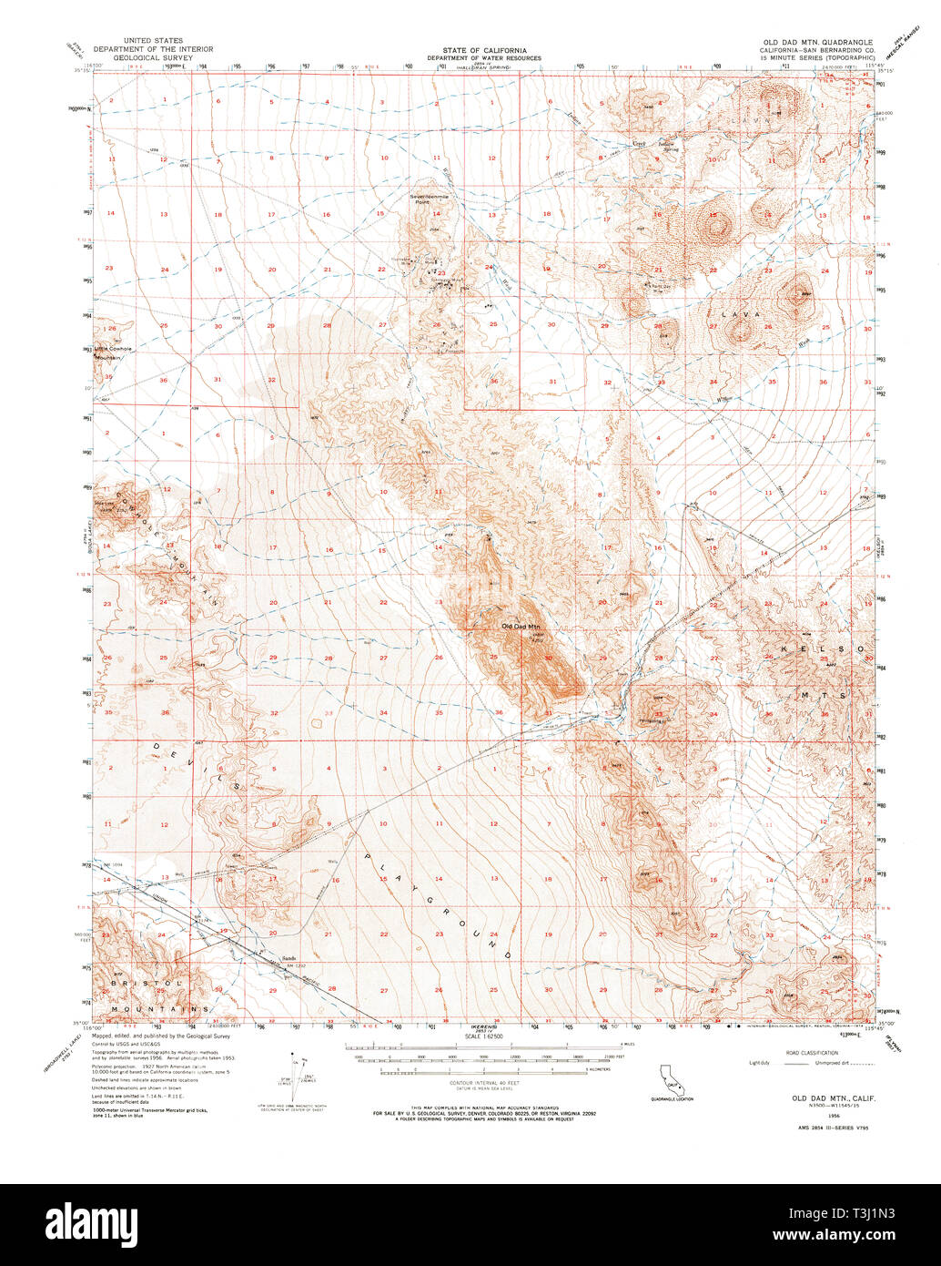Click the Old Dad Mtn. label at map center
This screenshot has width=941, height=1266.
(521, 626)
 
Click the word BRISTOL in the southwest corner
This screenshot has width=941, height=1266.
(142, 984)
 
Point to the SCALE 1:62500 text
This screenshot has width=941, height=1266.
(485, 1036)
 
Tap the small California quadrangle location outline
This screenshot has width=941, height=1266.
(672, 1081)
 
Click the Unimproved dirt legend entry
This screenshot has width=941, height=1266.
(837, 1062)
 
